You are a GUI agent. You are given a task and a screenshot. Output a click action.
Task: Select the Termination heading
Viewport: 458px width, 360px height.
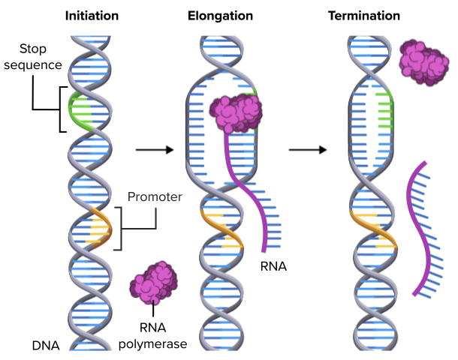[363, 15]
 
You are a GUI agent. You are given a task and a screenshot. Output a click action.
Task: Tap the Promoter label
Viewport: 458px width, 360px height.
[155, 197]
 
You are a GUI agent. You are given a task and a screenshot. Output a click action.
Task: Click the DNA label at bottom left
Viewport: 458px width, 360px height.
[46, 346]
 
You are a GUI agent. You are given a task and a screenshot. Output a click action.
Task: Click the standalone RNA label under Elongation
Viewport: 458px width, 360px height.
[273, 265]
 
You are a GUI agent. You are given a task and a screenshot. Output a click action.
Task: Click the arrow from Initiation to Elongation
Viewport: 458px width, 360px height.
[155, 150]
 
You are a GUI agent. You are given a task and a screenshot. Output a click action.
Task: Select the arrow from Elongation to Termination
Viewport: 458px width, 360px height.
[308, 150]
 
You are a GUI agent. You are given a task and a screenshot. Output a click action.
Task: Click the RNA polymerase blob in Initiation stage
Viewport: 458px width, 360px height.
[152, 283]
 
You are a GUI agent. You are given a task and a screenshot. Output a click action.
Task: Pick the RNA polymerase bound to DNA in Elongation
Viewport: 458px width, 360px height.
[235, 112]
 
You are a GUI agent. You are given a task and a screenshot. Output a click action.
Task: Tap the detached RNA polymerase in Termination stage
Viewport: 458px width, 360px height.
[423, 62]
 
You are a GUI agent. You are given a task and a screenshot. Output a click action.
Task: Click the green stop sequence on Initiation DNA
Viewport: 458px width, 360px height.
[80, 111]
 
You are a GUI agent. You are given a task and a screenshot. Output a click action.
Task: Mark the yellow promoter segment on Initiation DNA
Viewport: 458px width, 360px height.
[98, 227]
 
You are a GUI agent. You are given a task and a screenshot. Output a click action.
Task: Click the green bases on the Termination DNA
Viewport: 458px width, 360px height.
[384, 111]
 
